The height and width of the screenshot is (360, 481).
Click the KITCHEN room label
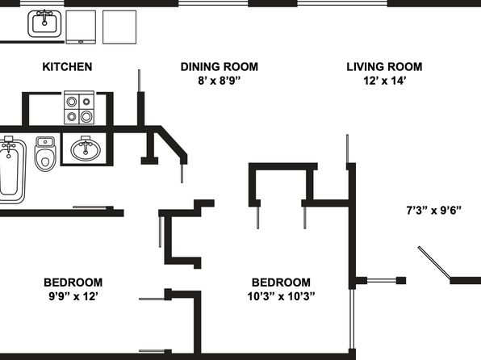67,67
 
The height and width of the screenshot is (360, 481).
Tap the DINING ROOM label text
220,67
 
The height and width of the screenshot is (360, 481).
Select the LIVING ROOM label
384,67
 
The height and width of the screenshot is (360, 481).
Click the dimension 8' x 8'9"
220,81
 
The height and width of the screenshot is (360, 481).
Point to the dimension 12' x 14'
385,81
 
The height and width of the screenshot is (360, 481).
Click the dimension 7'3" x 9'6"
433,211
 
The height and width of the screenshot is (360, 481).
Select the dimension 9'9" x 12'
73,296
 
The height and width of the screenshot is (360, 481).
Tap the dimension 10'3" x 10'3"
282,296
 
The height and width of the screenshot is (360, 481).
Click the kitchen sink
44,23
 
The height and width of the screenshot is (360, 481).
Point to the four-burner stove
79,107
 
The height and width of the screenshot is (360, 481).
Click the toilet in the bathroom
45,153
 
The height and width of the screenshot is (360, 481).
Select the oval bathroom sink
86,149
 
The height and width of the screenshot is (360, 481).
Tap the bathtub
11,170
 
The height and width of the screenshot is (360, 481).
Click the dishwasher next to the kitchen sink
81,27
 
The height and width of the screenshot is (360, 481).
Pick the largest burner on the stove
86,116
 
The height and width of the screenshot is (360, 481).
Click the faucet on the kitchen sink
44,17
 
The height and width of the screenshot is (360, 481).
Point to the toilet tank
45,142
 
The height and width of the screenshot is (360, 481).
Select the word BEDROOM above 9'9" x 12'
73,283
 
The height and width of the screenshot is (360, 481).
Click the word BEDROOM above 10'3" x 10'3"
281,283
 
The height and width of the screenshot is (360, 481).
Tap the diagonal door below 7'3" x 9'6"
435,262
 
